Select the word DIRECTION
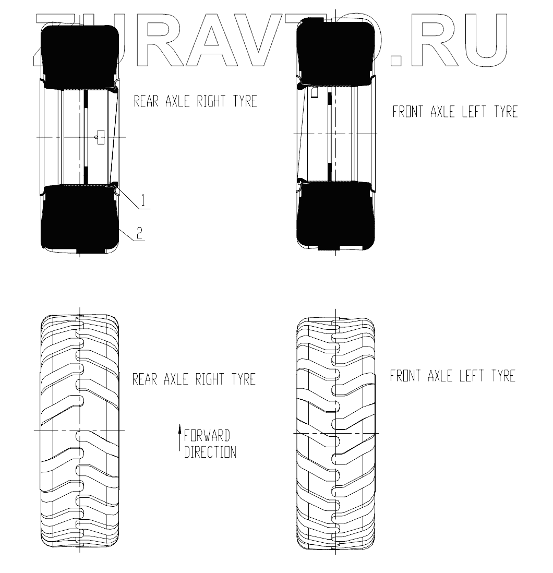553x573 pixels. (x=210, y=452)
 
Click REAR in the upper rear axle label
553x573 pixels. (x=146, y=101)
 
